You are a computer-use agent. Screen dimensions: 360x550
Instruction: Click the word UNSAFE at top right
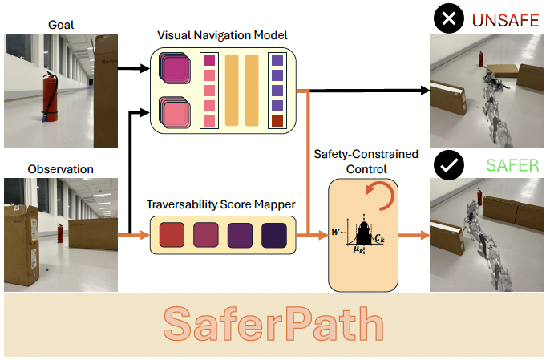pyautogui.click(x=506, y=20)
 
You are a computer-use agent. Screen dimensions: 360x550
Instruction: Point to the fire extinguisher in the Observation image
pyautogui.click(x=60, y=233)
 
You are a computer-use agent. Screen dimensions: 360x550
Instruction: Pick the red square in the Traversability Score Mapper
pyautogui.click(x=172, y=235)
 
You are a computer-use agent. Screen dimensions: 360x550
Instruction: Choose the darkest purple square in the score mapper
pyautogui.click(x=274, y=235)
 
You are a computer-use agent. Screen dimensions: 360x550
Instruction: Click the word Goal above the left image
pyautogui.click(x=60, y=25)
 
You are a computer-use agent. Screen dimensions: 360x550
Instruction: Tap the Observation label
pyautogui.click(x=60, y=169)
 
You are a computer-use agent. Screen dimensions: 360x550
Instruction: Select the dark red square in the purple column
pyautogui.click(x=277, y=121)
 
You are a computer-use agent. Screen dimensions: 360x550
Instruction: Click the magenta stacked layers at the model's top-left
pyautogui.click(x=173, y=67)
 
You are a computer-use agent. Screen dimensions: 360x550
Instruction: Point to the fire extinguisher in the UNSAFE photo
pyautogui.click(x=480, y=59)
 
